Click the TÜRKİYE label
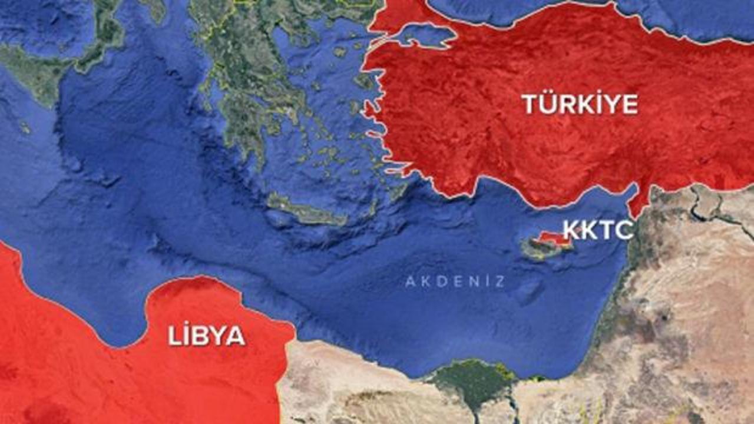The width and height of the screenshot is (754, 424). (x=580, y=104)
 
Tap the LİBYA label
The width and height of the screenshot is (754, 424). (x=206, y=336)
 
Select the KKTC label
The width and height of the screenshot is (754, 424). (x=598, y=230)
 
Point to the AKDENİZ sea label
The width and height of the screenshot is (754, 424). (x=455, y=281)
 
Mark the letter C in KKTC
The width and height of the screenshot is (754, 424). (x=624, y=230)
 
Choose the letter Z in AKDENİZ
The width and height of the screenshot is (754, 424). (x=500, y=281)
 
